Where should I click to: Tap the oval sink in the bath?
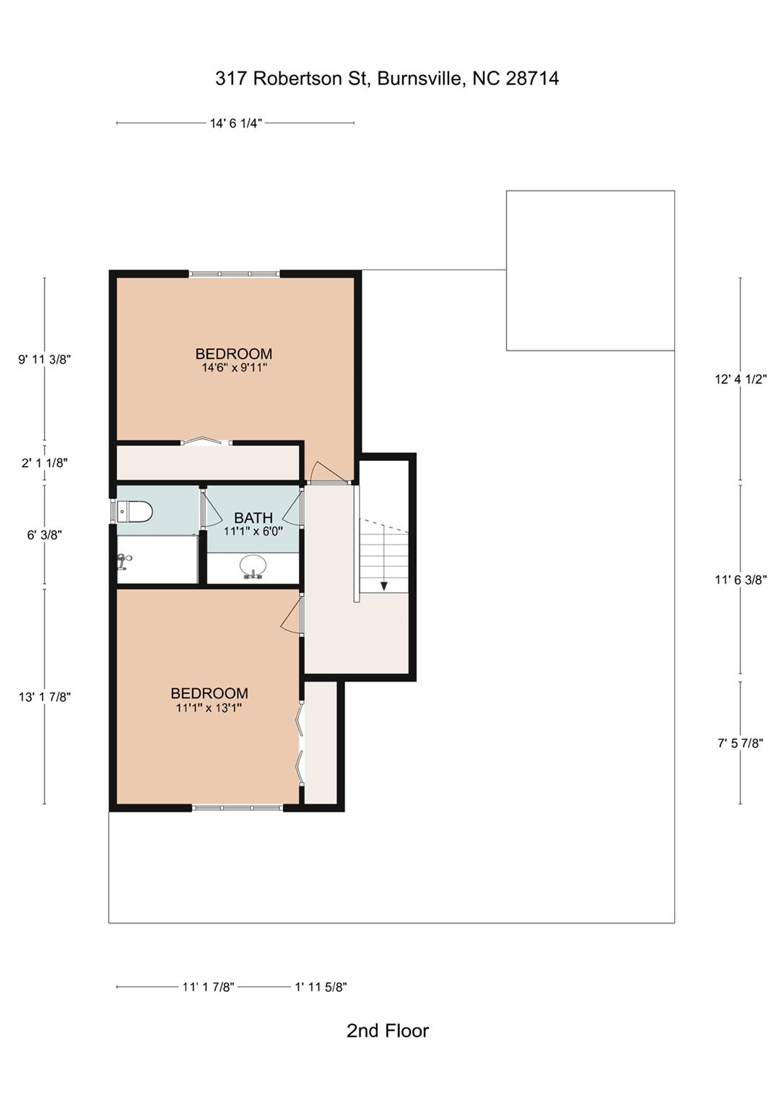click(x=253, y=566)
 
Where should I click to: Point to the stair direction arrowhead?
click(x=384, y=586)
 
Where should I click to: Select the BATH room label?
click(x=253, y=517)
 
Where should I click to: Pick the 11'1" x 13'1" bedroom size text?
click(x=209, y=708)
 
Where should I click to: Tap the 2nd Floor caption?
click(x=388, y=1031)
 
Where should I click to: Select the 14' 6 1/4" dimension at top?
click(x=235, y=123)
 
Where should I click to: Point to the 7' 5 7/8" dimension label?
click(x=740, y=743)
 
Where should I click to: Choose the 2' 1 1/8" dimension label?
click(x=45, y=463)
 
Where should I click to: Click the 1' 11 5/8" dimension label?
click(x=321, y=987)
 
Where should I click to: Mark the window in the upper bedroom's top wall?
click(x=235, y=274)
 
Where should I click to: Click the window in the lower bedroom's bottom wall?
click(x=238, y=808)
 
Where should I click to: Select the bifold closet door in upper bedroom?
click(x=206, y=441)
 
